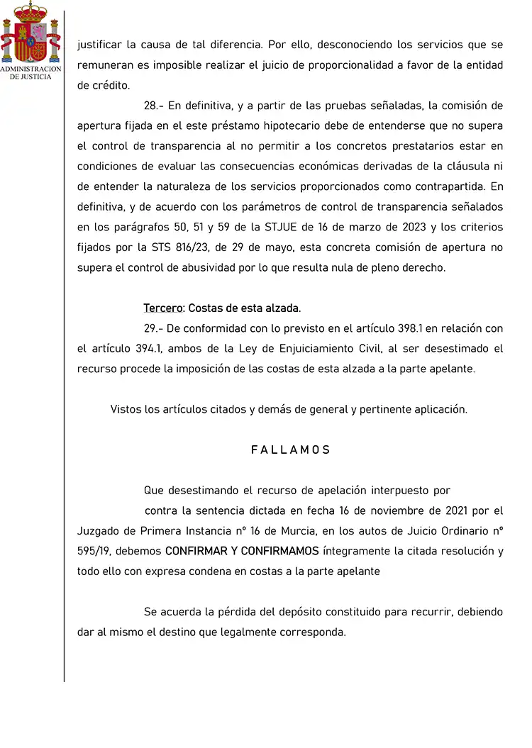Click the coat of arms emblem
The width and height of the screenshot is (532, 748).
coord(31,33)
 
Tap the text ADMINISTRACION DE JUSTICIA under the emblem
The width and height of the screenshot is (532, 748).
coord(31,72)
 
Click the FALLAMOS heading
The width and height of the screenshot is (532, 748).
coord(291,450)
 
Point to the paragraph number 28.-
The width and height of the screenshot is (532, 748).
coord(154,106)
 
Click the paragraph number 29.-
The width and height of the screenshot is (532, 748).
coord(154,328)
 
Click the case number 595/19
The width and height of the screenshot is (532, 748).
coord(94,551)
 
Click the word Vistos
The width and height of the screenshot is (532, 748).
coord(126,410)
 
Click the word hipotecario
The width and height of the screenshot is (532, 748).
coord(285,126)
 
